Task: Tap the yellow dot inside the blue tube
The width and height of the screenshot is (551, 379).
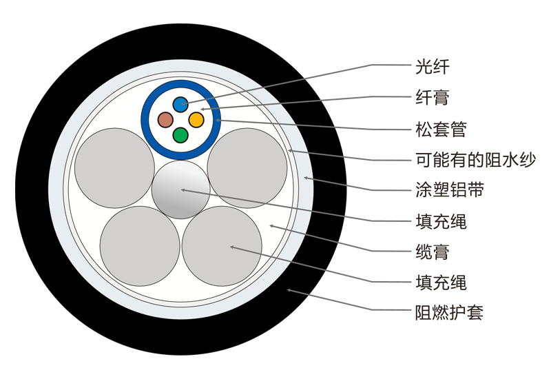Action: [196, 120]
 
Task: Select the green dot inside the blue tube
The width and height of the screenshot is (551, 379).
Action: [180, 135]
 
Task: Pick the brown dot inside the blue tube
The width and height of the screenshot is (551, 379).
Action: [165, 120]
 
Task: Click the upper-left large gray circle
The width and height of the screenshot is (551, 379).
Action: [114, 168]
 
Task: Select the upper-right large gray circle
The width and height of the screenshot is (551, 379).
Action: [247, 168]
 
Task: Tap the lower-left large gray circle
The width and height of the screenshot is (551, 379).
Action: [140, 246]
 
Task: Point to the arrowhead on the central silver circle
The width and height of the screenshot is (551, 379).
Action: [183, 189]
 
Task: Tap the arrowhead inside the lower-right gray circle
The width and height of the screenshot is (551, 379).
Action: [233, 247]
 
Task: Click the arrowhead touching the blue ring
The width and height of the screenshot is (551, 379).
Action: [218, 120]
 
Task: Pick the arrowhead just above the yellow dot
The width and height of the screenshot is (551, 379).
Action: [202, 109]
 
